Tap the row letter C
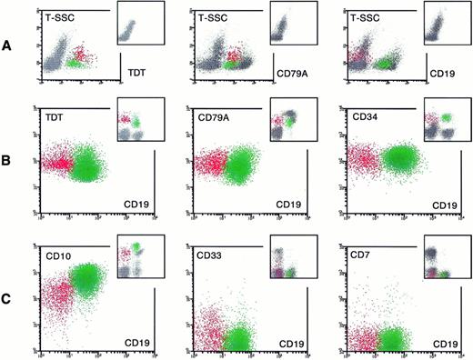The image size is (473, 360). (8, 295)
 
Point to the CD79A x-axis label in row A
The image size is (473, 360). (291, 68)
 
